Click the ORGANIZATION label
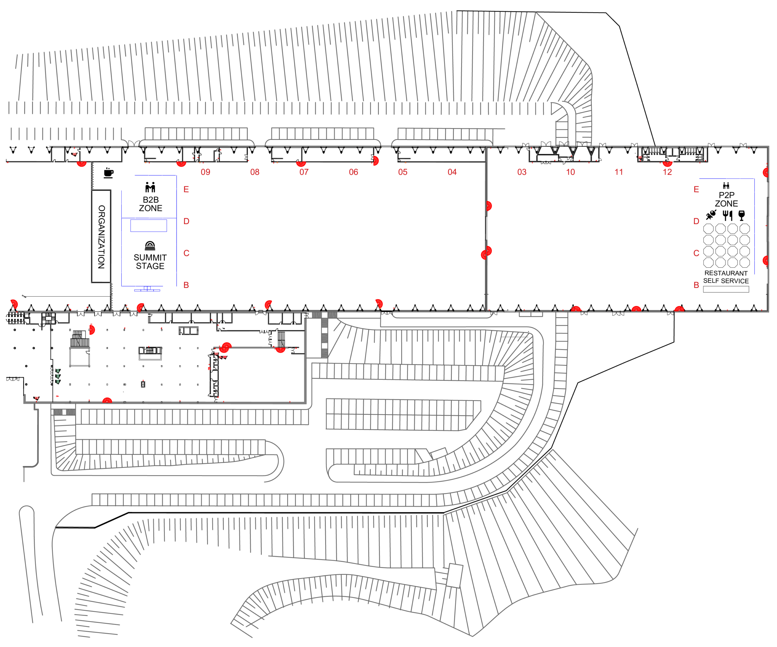pos(101,237)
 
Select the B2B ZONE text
pos(151,204)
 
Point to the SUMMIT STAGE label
pos(150,262)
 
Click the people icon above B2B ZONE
pos(150,187)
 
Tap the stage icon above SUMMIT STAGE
pos(150,246)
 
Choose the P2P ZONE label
pos(726,199)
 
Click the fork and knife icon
pos(728,215)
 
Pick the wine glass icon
pos(741,215)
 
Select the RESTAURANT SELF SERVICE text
pos(726,277)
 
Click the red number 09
pos(205,172)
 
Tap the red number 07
pos(304,172)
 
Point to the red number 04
pos(452,172)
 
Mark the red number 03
pos(522,172)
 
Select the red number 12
pos(667,172)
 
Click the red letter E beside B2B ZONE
pos(186,189)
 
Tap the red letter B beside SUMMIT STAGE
pos(186,285)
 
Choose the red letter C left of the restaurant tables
pos(696,253)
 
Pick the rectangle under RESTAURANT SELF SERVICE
pos(726,289)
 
